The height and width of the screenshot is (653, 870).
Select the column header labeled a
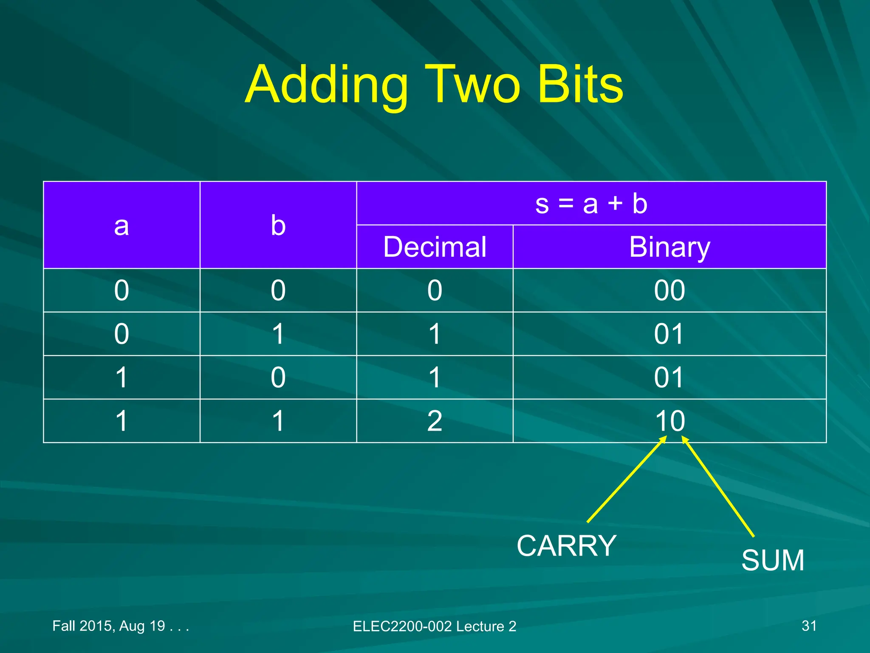tap(121, 225)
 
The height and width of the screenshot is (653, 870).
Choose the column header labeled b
tap(278, 225)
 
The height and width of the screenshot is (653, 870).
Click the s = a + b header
tap(591, 204)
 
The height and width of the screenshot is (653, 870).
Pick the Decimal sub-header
tap(435, 247)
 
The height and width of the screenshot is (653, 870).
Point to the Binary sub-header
tap(669, 247)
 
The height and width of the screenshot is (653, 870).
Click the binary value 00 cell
tap(669, 290)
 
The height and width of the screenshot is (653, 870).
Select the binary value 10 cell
tap(669, 421)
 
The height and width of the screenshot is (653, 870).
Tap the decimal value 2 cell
tap(435, 421)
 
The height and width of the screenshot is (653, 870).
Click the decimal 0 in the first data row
tap(435, 290)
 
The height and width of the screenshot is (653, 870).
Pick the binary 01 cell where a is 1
tap(669, 378)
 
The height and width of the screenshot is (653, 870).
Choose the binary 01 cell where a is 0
tap(669, 334)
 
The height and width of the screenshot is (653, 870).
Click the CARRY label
tap(566, 546)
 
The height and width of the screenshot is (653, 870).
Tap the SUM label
tap(773, 560)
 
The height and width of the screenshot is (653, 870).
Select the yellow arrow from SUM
tap(718, 487)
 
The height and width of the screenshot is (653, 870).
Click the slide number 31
tap(809, 626)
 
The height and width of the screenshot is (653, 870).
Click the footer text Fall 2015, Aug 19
tap(120, 626)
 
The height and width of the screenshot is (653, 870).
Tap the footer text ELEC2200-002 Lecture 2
tap(435, 626)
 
